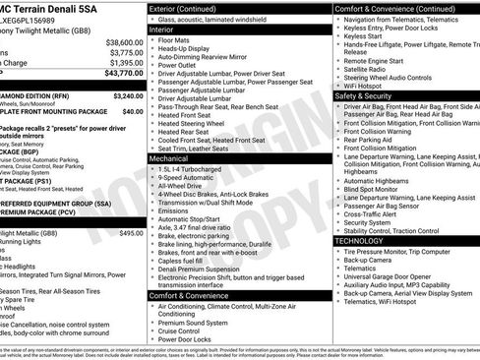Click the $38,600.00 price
[x=123, y=42]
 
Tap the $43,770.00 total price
[x=123, y=73]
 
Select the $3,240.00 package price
[x=127, y=96]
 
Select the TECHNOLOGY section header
[x=365, y=268]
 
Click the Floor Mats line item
[x=178, y=40]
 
